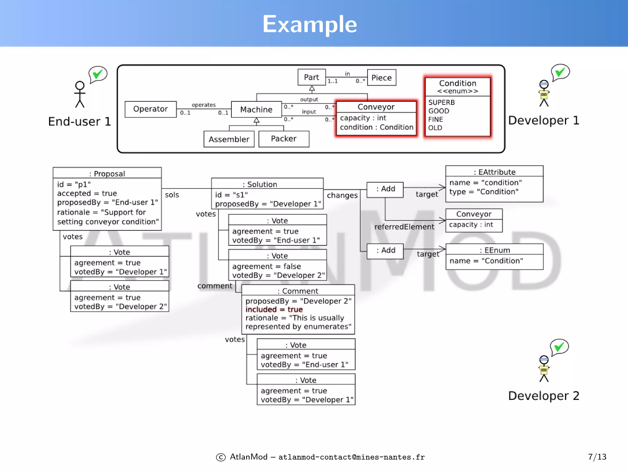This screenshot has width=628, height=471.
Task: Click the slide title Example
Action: [310, 24]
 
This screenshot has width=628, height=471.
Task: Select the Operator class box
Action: [151, 109]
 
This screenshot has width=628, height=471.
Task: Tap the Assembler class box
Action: [229, 139]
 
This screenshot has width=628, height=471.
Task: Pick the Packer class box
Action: [284, 139]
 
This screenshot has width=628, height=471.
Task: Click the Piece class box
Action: [381, 78]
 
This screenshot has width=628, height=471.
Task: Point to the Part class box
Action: [312, 77]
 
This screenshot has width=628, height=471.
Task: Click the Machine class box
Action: [256, 109]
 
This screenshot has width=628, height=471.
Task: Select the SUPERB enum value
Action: [442, 102]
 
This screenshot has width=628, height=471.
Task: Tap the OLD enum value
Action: [435, 128]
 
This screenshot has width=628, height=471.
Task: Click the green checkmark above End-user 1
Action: [98, 74]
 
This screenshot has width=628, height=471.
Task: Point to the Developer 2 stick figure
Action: [544, 369]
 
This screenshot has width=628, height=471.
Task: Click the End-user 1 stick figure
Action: [80, 94]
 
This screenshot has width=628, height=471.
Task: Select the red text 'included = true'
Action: [274, 309]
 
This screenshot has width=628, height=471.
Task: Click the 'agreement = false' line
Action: [266, 266]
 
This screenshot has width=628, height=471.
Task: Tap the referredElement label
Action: [404, 227]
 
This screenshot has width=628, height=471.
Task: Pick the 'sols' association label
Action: [172, 195]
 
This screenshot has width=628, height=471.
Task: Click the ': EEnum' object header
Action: [495, 250]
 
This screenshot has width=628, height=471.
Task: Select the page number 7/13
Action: [597, 457]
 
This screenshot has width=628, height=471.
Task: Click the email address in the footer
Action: [351, 457]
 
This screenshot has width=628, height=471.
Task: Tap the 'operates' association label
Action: [204, 105]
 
